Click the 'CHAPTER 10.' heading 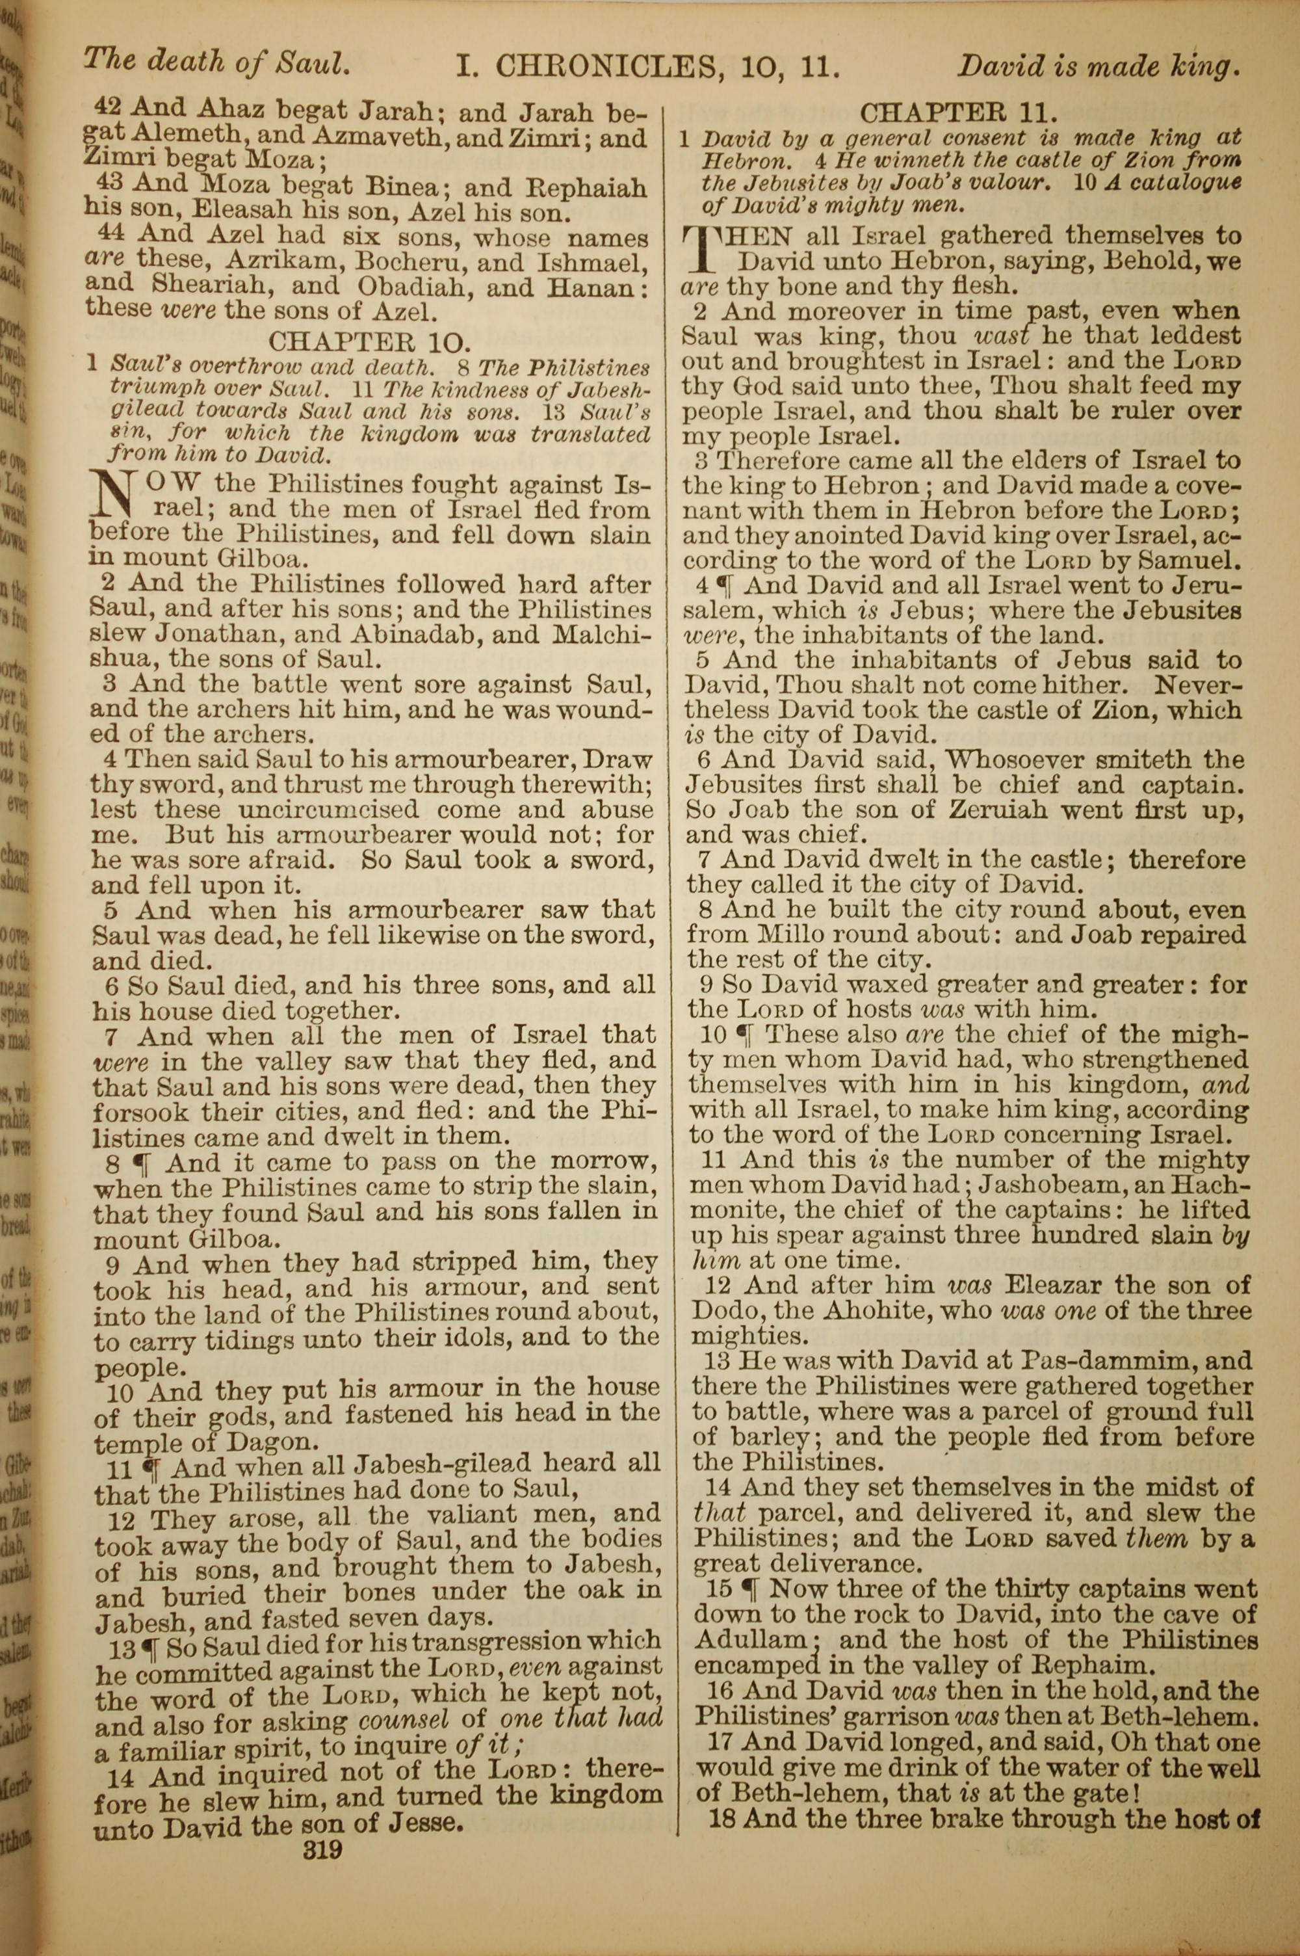(370, 341)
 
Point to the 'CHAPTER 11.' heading (960, 112)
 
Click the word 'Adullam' (753, 1640)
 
